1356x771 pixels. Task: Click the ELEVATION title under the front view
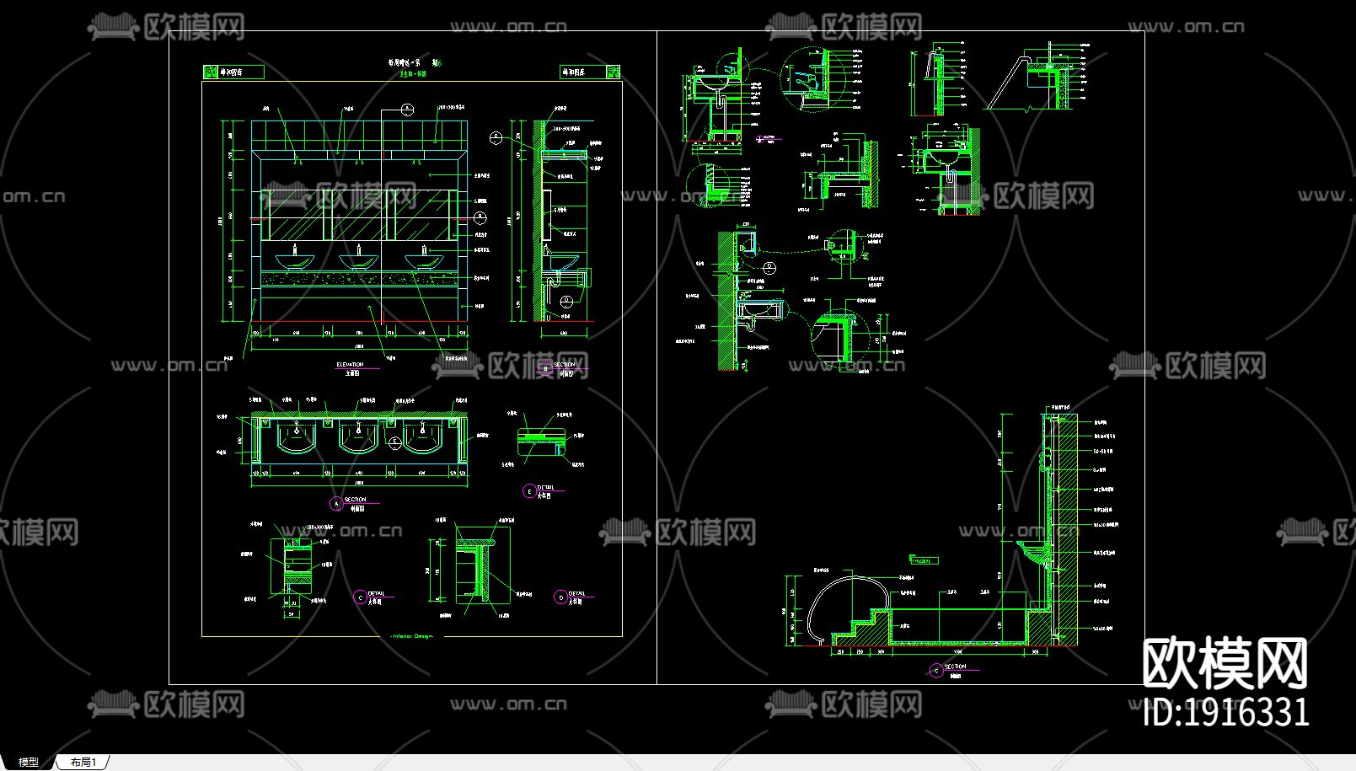coord(350,365)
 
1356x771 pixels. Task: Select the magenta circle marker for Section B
coord(545,368)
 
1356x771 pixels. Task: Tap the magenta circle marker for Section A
coord(336,503)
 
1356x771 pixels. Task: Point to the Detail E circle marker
coord(529,490)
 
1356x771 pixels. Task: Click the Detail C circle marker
coord(360,597)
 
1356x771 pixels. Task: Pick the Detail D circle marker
coord(560,597)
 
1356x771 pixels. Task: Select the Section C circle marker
coord(935,671)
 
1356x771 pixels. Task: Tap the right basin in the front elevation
coord(424,260)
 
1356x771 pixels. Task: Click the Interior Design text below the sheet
coord(412,636)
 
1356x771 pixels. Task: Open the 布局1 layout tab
coord(83,762)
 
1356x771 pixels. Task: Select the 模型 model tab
coord(29,762)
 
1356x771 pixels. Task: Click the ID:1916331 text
coord(1226,713)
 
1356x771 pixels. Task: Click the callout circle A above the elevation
coord(407,109)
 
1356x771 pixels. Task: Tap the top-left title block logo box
coord(233,72)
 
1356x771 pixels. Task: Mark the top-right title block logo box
coord(584,72)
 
